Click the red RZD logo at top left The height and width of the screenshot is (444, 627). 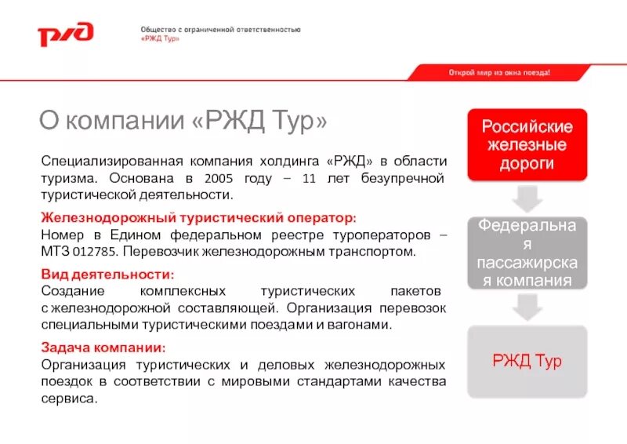click(66, 34)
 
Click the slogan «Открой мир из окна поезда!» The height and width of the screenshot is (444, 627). click(499, 72)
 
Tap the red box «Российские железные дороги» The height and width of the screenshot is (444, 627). click(527, 145)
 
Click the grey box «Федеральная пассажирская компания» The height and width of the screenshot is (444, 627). click(527, 253)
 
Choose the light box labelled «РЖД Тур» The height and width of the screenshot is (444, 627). click(527, 361)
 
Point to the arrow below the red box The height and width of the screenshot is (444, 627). click(527, 198)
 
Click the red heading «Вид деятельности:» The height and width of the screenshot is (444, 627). click(107, 274)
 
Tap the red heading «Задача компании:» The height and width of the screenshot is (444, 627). click(103, 347)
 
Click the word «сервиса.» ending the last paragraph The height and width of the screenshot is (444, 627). click(69, 399)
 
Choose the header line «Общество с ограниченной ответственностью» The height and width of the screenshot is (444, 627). click(214, 29)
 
